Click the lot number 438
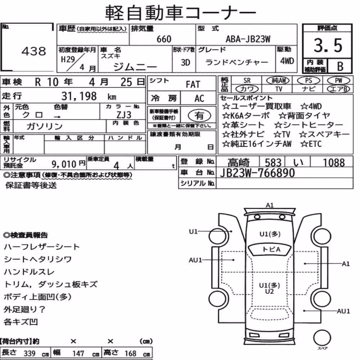coord(34,51)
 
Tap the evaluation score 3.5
coord(328,45)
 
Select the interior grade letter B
coord(340,66)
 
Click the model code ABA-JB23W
coord(248,39)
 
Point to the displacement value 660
coord(164,39)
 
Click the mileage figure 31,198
coord(79,96)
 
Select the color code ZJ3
coord(124,115)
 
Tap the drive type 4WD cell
coord(287,61)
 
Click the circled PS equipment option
coord(309,81)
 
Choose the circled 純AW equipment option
coord(278,80)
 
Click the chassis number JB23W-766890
coord(257,173)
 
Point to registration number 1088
coord(334,163)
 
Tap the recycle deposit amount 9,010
coord(64,164)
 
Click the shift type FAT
coord(193,85)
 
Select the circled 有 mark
coord(199,116)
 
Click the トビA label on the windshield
coord(271,249)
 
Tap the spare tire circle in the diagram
coord(322,338)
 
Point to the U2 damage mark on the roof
coord(269,292)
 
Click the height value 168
coord(130,354)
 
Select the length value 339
coord(30,354)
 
